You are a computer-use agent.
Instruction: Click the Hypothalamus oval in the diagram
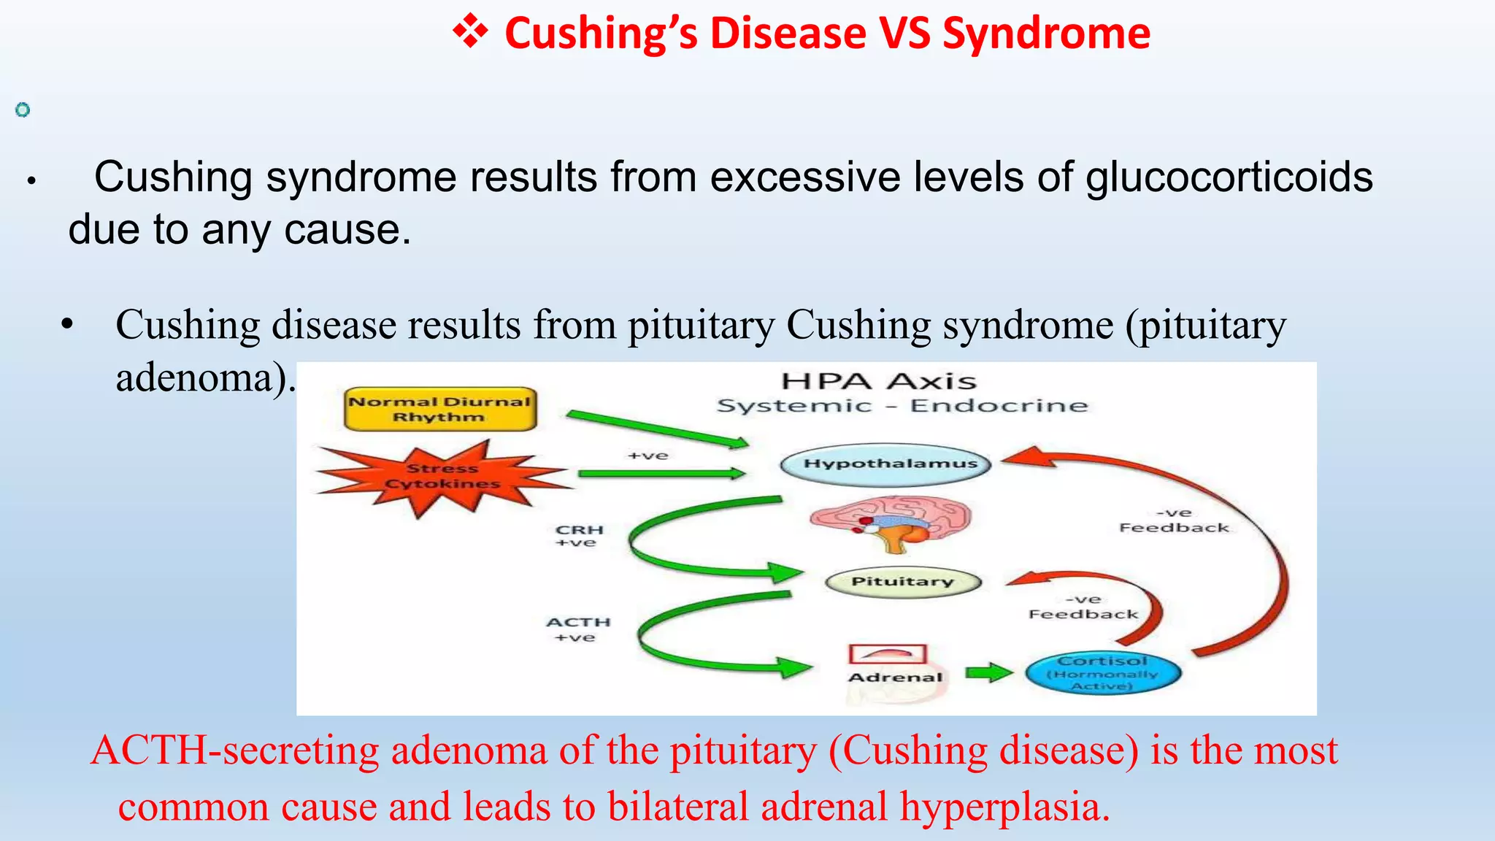(885, 464)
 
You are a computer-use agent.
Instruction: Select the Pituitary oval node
(903, 582)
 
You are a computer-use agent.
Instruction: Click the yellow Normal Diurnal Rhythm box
(440, 409)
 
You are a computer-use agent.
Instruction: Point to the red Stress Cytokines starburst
(442, 477)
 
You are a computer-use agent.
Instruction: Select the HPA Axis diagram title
(878, 381)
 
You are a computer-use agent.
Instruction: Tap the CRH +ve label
(579, 536)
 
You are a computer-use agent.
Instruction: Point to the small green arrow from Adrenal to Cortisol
(988, 672)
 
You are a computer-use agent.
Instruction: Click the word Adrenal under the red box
(896, 677)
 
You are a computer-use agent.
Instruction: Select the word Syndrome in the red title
(1046, 34)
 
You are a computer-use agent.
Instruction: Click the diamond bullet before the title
(470, 32)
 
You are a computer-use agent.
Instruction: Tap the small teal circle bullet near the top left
(23, 110)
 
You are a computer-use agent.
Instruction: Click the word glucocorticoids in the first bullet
(1229, 177)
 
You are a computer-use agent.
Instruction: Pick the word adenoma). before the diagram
(205, 377)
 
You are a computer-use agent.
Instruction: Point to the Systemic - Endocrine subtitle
(902, 406)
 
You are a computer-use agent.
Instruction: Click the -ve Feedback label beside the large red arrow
(1174, 521)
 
